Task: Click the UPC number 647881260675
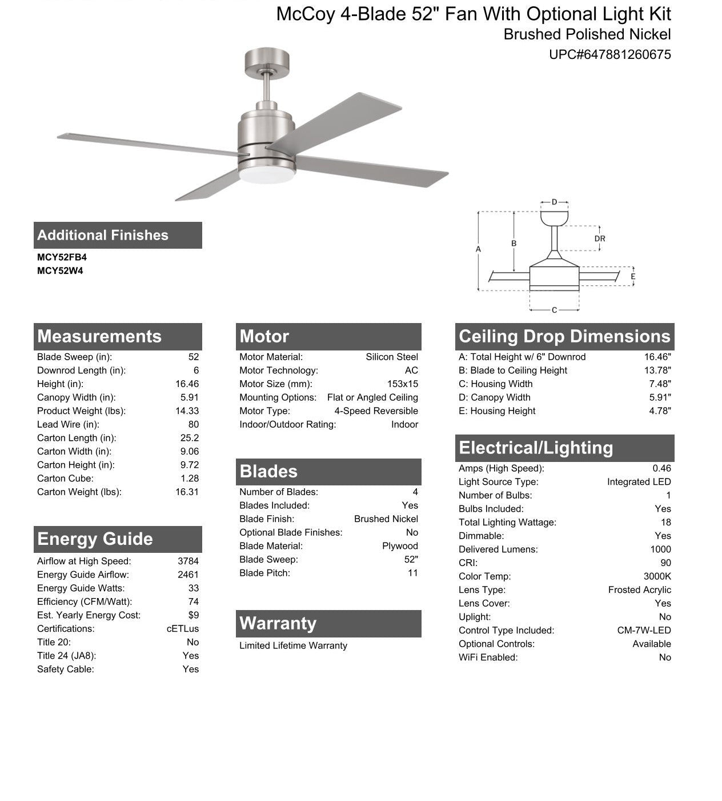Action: click(x=609, y=55)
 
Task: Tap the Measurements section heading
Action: click(x=99, y=336)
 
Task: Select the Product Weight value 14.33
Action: click(x=187, y=411)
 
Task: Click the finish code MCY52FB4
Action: click(x=62, y=257)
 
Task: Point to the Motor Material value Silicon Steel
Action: click(x=392, y=357)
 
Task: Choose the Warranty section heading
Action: click(x=278, y=623)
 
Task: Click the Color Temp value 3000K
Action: click(x=657, y=576)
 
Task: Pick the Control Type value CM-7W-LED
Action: click(x=644, y=630)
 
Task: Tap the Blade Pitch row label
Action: click(x=264, y=573)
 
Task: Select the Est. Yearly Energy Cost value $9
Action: click(x=193, y=615)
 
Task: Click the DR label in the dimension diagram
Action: click(x=600, y=239)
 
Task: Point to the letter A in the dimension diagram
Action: click(x=478, y=249)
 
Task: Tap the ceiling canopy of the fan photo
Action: click(x=267, y=60)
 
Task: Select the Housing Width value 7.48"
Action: click(x=660, y=384)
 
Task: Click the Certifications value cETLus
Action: click(x=183, y=628)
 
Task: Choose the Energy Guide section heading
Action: click(x=95, y=539)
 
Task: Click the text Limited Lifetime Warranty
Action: click(x=293, y=645)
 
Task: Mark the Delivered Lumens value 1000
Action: click(x=660, y=549)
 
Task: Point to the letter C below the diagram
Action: click(x=554, y=310)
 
